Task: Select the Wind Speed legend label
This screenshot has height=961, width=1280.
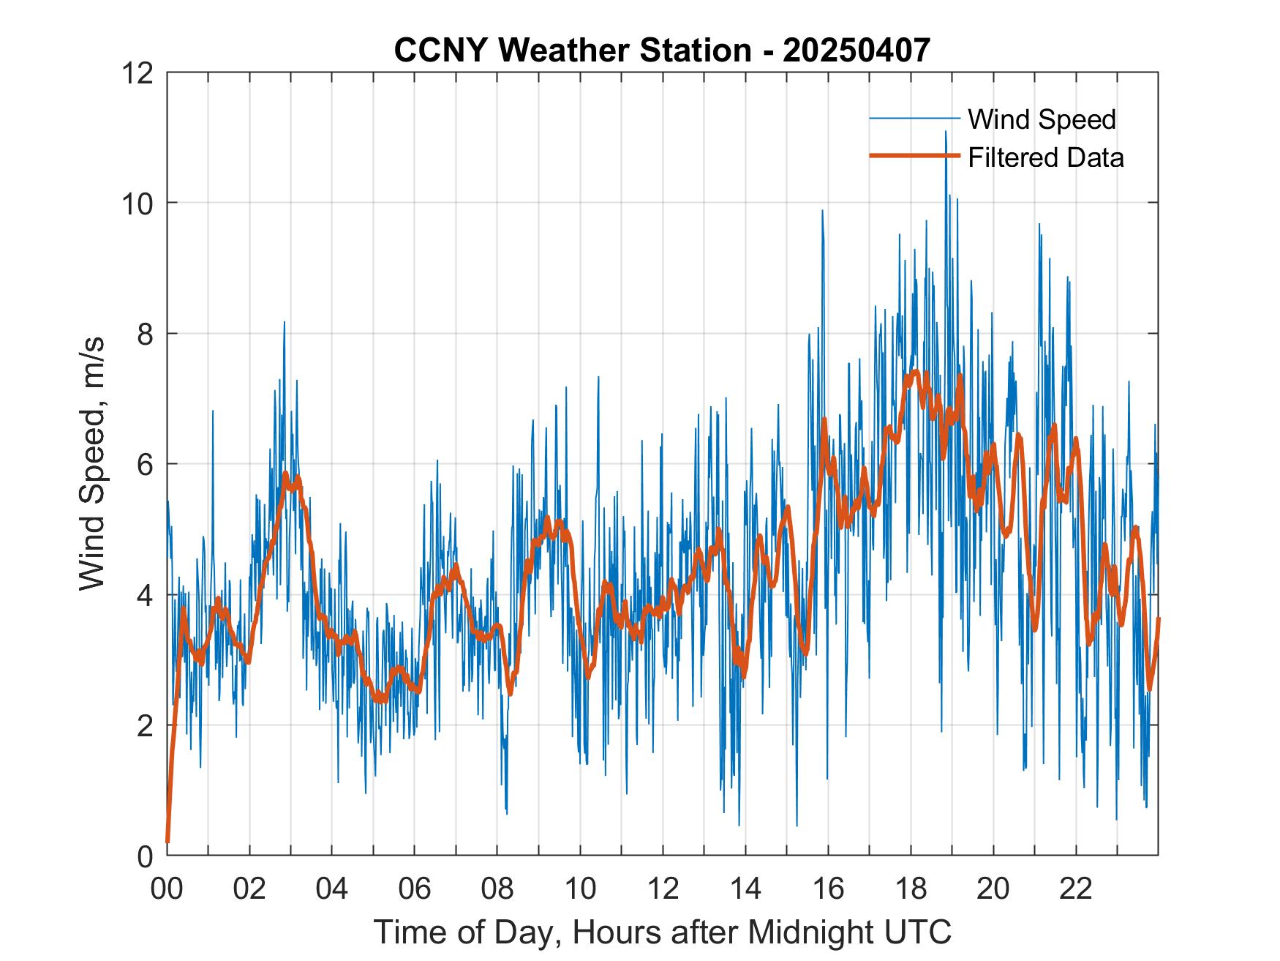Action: click(x=1042, y=119)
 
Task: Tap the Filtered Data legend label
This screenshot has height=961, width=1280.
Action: click(x=1045, y=157)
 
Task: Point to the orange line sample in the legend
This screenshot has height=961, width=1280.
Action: click(x=914, y=157)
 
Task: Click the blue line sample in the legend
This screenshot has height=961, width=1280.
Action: click(x=914, y=119)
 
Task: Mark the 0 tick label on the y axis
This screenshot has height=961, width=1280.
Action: click(x=145, y=856)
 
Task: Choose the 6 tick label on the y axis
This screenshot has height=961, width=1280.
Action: click(x=145, y=464)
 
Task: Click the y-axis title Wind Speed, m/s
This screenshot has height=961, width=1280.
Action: click(x=93, y=463)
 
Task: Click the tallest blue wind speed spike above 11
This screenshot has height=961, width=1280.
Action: click(x=945, y=132)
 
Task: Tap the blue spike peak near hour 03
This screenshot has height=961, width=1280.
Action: click(x=285, y=322)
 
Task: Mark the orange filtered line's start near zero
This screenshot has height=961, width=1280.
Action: click(x=167, y=842)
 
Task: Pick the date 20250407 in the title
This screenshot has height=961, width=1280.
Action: click(x=856, y=50)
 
